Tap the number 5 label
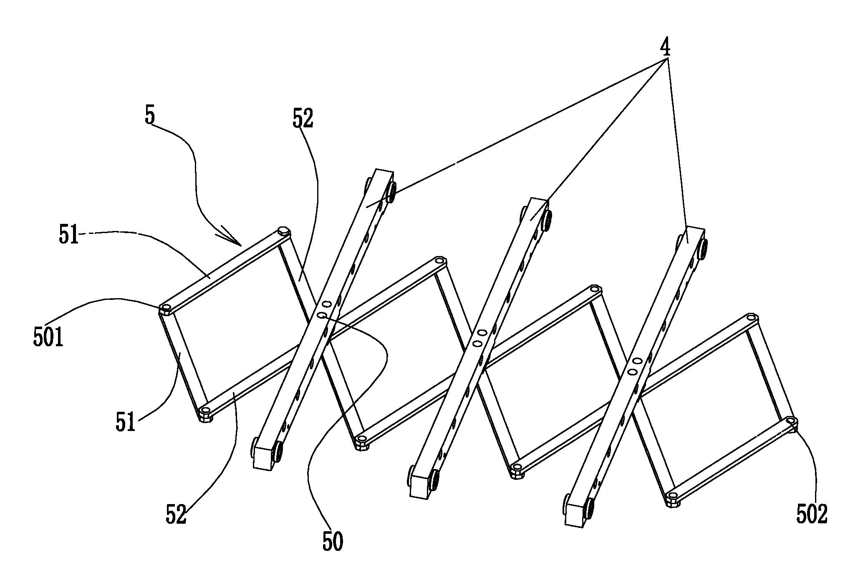coord(149,115)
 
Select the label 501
coord(48,337)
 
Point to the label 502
coord(811,515)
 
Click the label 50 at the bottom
coord(333,542)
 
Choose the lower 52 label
coord(176,515)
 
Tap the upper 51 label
coord(68,235)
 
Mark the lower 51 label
coord(126,422)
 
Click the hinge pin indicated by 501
coord(165,309)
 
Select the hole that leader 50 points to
coord(322,315)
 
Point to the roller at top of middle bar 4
coord(547,221)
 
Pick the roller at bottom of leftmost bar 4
coord(277,451)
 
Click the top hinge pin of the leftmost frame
coord(283,230)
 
